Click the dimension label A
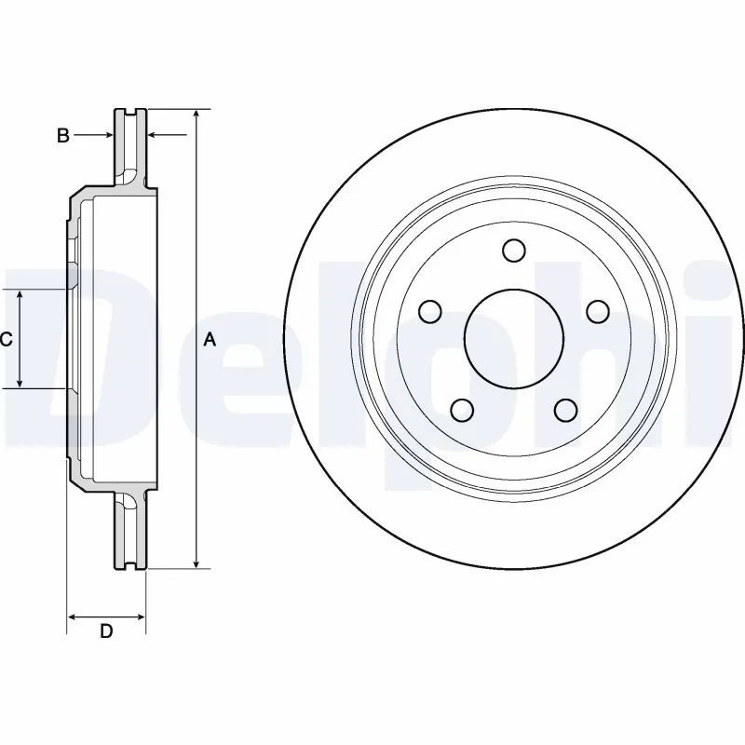coord(210,341)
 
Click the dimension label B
coord(62,136)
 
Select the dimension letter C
coord(6,340)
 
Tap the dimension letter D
coord(106,631)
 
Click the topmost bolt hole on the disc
coord(512,251)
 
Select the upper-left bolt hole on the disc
coord(429,311)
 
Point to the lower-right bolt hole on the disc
coord(563,409)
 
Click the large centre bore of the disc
coord(512,338)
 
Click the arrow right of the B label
coord(104,136)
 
